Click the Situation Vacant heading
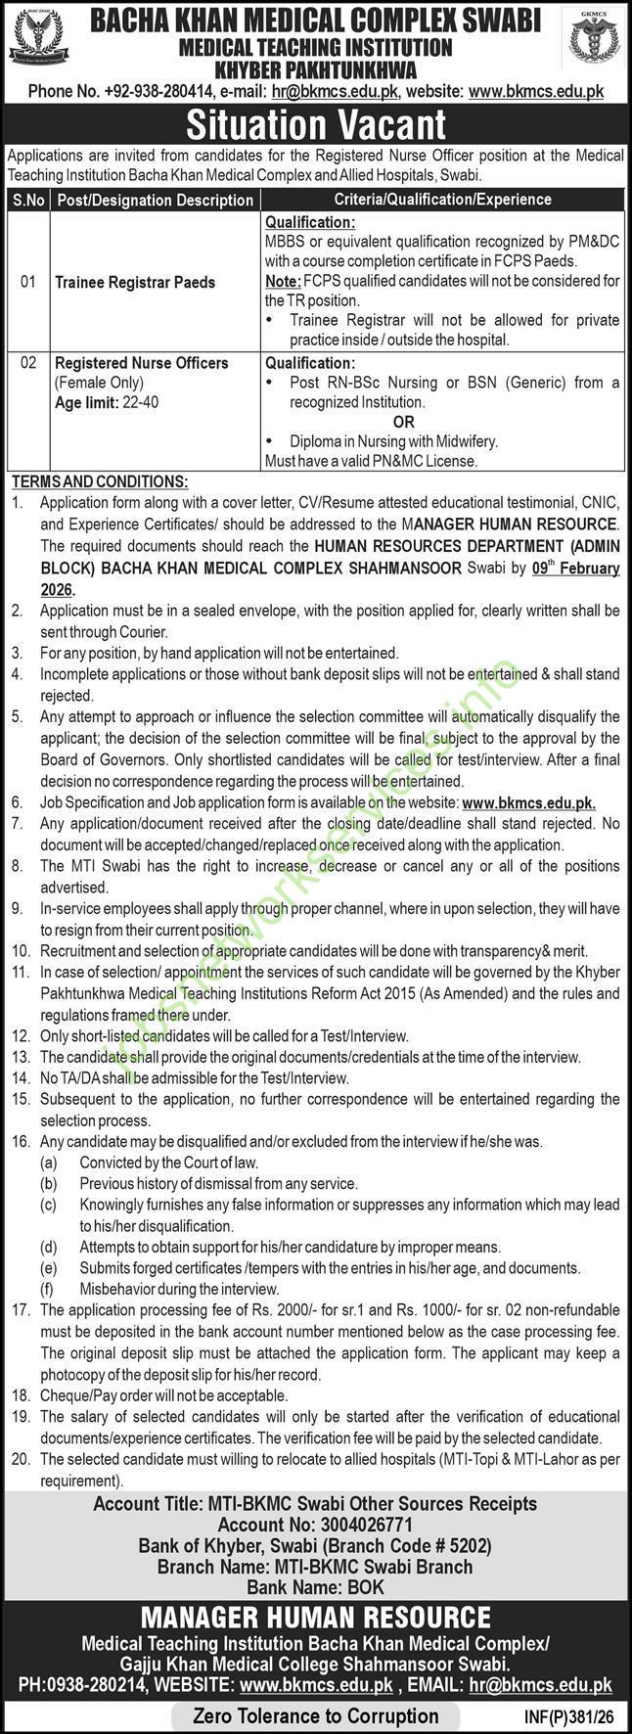click(315, 125)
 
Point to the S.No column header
click(28, 200)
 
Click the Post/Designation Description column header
click(155, 200)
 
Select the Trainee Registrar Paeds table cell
click(135, 282)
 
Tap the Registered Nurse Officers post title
click(142, 363)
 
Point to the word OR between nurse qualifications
click(404, 422)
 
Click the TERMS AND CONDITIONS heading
click(99, 481)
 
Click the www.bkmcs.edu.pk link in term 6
click(528, 802)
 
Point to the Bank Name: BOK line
click(315, 1587)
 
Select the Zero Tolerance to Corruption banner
click(316, 1715)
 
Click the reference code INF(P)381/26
click(569, 1715)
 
